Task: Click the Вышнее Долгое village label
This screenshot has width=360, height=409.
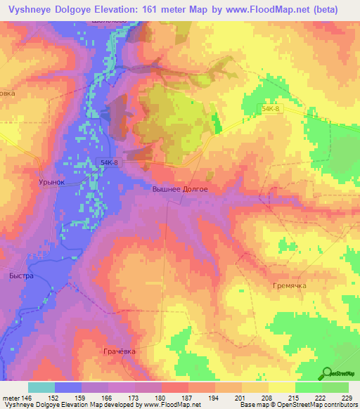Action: tap(180, 189)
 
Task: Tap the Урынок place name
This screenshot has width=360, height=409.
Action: tap(51, 181)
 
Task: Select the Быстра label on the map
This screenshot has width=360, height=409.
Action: tap(21, 276)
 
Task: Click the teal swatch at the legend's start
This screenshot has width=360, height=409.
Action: tap(41, 387)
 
